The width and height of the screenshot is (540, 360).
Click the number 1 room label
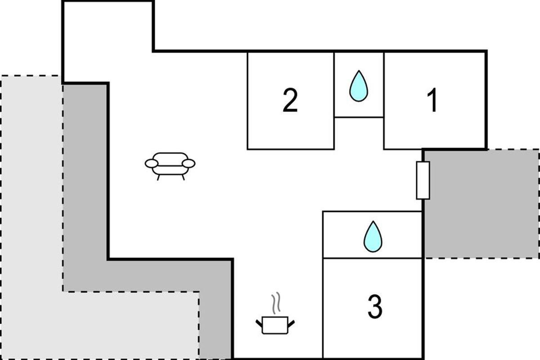(x=432, y=101)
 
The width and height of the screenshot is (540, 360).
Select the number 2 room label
(x=290, y=101)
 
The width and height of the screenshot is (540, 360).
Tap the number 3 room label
(x=374, y=307)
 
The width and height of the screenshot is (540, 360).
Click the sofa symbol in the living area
(x=170, y=165)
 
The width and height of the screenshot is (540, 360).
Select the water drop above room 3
(x=373, y=236)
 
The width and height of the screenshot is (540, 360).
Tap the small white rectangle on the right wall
(x=423, y=180)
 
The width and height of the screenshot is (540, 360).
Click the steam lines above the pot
(x=276, y=303)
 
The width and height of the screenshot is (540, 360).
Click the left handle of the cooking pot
(x=260, y=322)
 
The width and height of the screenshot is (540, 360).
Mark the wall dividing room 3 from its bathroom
(x=373, y=258)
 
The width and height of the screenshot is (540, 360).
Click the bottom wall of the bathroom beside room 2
(x=359, y=117)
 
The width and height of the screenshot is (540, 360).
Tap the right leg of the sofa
(x=183, y=177)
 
